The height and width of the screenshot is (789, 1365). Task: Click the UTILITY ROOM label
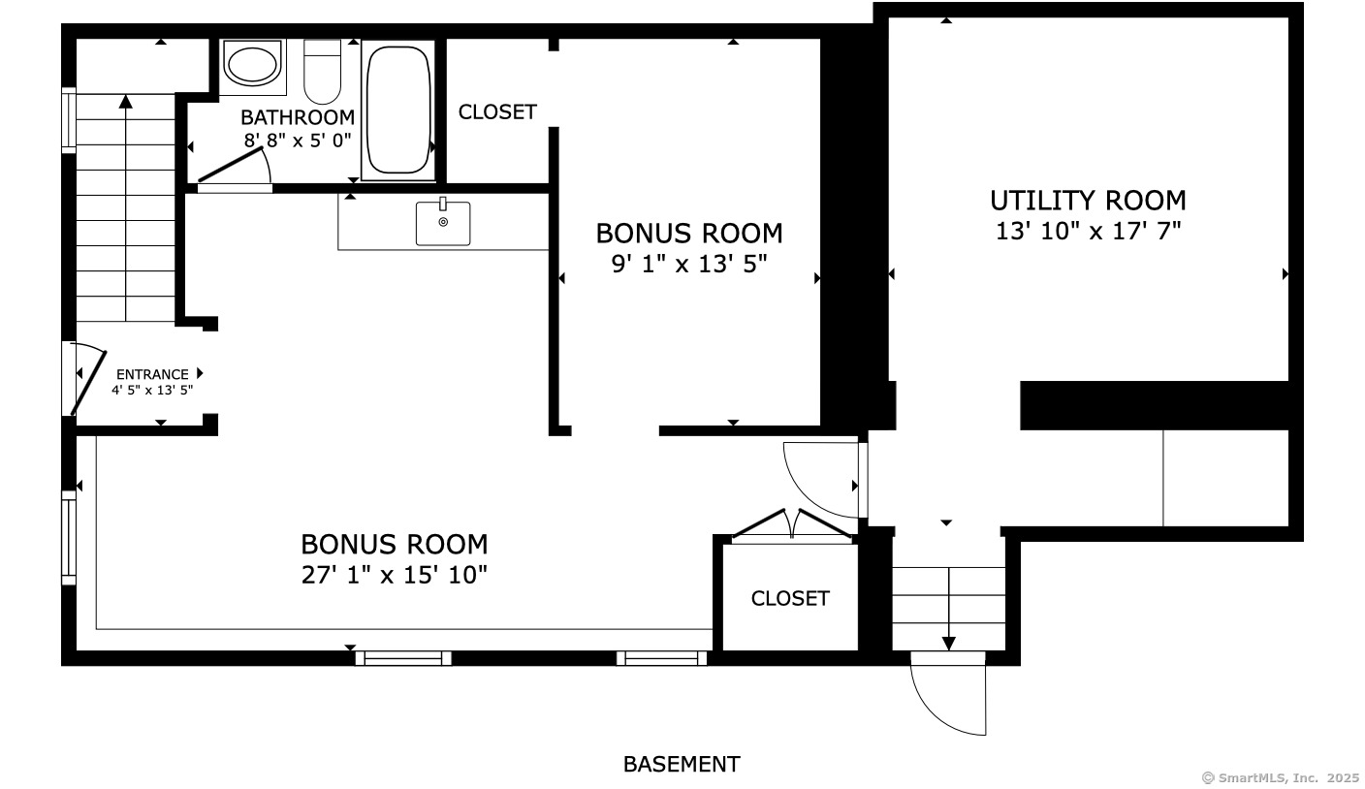point(1088,201)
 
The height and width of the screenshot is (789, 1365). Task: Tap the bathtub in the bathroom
point(398,110)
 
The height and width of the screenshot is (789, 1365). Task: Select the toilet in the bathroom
point(323,72)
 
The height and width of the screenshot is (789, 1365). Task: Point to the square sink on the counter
point(443,223)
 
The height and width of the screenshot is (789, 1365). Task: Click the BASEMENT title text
point(682,764)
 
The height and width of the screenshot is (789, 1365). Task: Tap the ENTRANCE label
point(152,374)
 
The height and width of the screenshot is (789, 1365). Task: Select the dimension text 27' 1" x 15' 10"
point(395,575)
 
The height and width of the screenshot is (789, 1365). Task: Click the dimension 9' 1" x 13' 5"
point(689,265)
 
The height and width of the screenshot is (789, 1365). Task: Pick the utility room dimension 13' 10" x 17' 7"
point(1089,232)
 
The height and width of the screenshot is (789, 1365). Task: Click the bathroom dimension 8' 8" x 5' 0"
point(298,141)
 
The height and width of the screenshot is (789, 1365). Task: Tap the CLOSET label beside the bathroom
point(497,112)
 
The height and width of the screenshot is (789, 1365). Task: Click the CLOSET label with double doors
point(790,598)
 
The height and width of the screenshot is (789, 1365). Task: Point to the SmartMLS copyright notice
point(1281,778)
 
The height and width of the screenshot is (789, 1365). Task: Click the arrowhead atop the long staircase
point(125,101)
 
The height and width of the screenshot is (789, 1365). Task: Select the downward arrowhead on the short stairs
point(949,644)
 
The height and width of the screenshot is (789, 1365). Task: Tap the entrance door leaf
point(89,383)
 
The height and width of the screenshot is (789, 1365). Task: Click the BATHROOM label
point(298,117)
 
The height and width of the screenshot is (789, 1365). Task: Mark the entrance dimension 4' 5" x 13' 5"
point(152,390)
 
